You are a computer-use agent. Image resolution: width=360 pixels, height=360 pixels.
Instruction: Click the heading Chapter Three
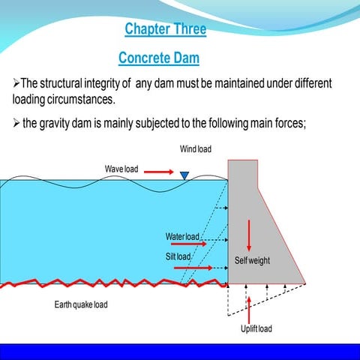[165, 30]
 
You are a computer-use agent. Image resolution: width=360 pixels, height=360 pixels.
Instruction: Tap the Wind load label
[195, 149]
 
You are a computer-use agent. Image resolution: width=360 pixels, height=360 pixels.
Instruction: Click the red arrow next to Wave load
[158, 172]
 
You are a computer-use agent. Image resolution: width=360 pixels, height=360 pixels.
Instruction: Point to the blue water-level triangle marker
[184, 175]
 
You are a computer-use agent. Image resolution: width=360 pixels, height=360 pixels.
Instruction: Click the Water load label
[182, 237]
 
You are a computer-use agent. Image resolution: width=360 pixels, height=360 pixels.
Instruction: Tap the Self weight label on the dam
[252, 261]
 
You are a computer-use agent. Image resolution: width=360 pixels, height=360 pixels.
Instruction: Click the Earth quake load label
[86, 305]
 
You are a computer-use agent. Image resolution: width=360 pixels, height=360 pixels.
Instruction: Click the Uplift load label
[256, 328]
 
